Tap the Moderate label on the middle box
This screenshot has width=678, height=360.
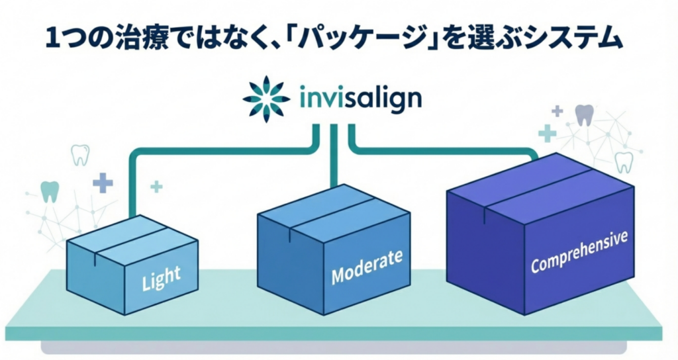pos(366,266)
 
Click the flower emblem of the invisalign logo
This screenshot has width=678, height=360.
pos(266,99)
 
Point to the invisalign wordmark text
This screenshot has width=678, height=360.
pos(360,99)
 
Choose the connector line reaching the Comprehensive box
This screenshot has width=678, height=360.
pos(450,150)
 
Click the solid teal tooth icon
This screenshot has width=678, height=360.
pos(50,191)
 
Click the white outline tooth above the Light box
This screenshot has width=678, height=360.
pos(79,154)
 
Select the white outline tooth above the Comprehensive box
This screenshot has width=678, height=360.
pos(624,161)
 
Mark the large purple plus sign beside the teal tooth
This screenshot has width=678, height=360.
pos(103,182)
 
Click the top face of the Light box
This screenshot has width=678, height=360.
pos(132,236)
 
